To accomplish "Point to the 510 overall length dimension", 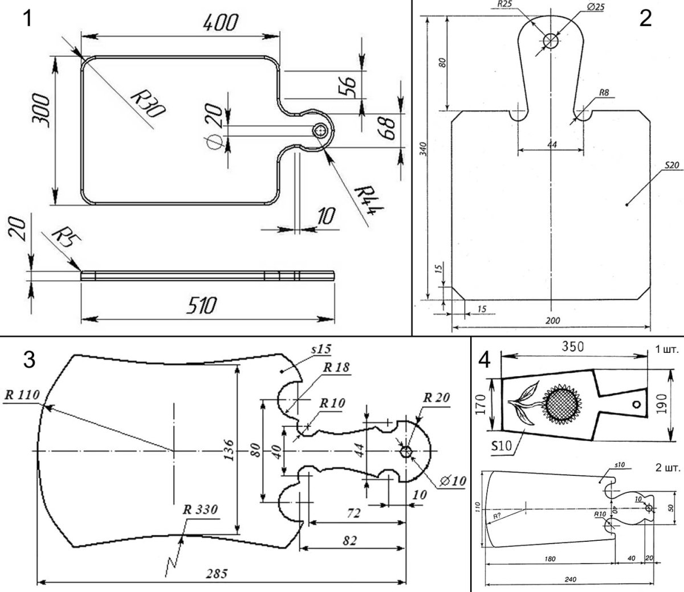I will coord(203,306).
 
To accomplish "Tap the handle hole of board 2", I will coord(551,41).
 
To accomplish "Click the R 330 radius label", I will coord(199,510).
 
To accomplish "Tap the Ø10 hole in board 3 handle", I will coord(406,451).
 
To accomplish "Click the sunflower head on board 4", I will coord(561,405).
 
